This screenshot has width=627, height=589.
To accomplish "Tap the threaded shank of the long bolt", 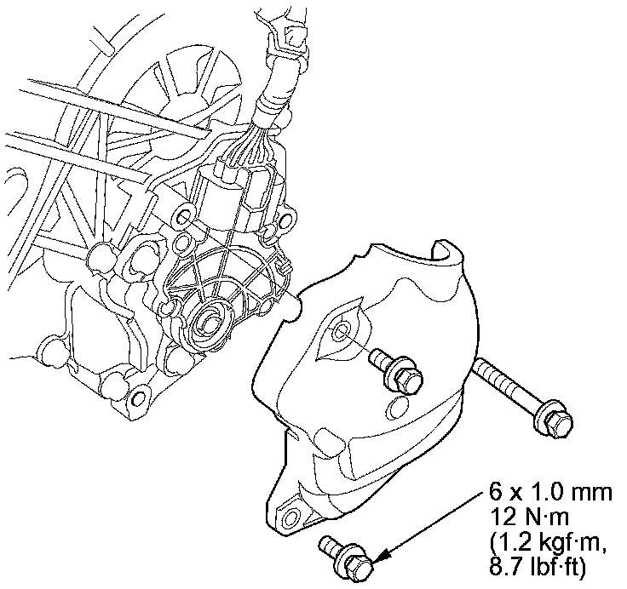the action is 508,386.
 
